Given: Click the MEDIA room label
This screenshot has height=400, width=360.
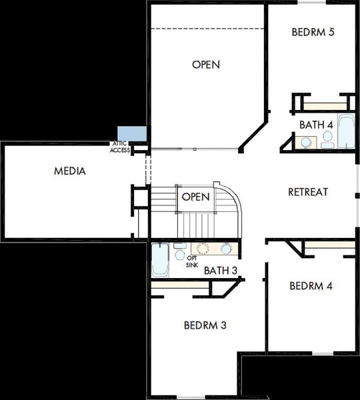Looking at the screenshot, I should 70,171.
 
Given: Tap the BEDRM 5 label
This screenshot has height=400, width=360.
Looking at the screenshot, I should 313,32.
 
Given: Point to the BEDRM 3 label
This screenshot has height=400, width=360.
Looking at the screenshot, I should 205,325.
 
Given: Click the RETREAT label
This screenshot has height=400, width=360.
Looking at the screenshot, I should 308,192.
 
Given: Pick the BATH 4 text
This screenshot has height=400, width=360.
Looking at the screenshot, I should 316,125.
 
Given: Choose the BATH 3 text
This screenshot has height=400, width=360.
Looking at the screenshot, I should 221,271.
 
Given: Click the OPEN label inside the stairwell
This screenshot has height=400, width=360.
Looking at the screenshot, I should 196,197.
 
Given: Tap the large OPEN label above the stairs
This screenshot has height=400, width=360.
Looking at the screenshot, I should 206,65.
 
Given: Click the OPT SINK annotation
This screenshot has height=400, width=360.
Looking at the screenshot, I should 192,261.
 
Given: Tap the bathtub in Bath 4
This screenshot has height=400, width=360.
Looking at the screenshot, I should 347,132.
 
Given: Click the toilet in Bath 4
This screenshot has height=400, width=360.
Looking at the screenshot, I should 327,140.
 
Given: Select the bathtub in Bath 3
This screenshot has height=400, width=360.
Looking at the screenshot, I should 161,260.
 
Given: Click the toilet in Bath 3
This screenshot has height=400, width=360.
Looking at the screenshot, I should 179,250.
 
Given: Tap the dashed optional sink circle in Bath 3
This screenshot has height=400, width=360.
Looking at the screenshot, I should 202,249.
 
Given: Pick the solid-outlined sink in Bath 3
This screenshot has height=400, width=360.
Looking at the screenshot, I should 226,249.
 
